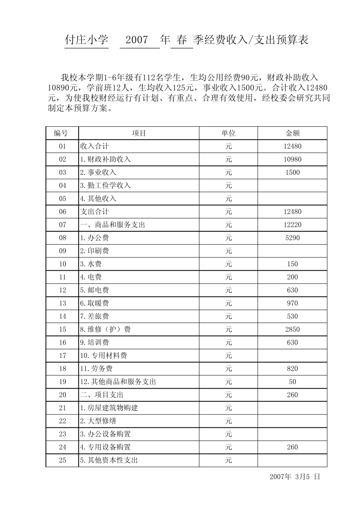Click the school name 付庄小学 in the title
click(87, 40)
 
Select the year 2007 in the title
click(136, 40)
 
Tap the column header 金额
click(292, 133)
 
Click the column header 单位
click(228, 133)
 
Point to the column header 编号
click(62, 133)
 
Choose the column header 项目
click(139, 133)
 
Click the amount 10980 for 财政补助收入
click(292, 159)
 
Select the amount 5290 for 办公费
click(292, 238)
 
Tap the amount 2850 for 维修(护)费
click(292, 329)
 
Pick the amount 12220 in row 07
click(292, 224)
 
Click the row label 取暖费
click(94, 303)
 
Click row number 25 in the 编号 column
click(63, 460)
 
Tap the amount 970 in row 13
click(292, 303)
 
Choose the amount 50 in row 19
click(292, 381)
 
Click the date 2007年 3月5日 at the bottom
click(295, 477)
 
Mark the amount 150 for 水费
click(292, 264)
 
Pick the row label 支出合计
click(95, 212)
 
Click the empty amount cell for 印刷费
click(292, 251)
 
